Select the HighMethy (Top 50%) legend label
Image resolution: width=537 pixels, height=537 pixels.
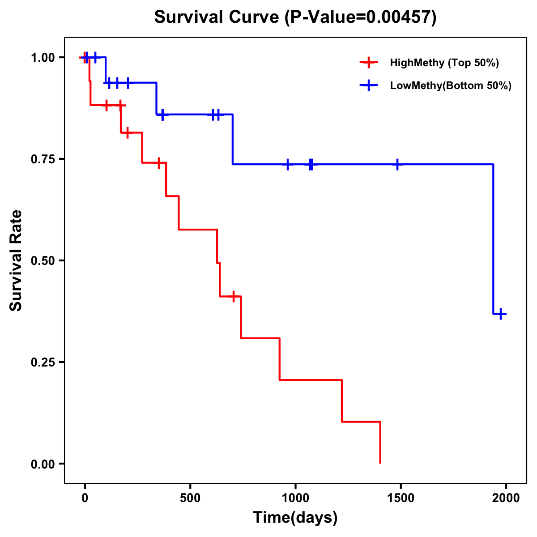click(444, 63)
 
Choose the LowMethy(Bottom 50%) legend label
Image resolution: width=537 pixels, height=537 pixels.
click(451, 85)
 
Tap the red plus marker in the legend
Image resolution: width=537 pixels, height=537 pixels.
click(368, 63)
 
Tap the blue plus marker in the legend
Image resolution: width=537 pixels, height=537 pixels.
click(368, 85)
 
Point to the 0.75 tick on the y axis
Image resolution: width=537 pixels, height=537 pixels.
click(43, 159)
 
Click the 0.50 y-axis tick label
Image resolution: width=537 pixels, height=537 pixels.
click(43, 260)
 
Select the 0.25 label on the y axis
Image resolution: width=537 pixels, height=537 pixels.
click(43, 362)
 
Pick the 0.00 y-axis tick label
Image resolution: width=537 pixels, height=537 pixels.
click(43, 464)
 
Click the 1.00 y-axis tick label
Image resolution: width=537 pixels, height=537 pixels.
click(43, 57)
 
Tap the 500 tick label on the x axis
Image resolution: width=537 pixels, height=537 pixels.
click(190, 498)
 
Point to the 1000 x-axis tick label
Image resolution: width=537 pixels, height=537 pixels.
click(295, 498)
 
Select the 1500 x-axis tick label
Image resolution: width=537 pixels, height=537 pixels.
click(401, 498)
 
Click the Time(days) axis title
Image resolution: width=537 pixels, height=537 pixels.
click(295, 518)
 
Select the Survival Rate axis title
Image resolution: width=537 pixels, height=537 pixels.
click(16, 260)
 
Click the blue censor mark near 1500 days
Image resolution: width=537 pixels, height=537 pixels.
click(397, 165)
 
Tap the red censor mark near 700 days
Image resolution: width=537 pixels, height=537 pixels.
click(233, 296)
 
